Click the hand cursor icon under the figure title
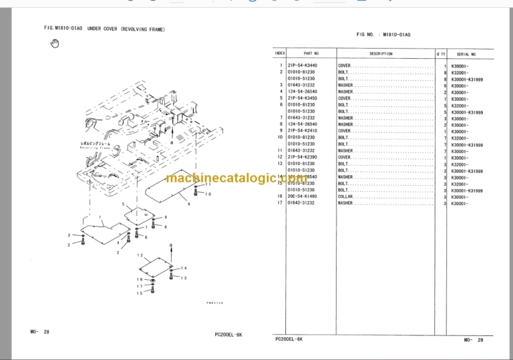coord(55,44)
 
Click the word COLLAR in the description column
coord(345,197)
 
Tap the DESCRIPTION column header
coord(379,53)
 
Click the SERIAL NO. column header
coord(466,53)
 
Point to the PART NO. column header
coord(312,53)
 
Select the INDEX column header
coord(280,53)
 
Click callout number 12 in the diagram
coord(140,256)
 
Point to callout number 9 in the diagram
coord(189,202)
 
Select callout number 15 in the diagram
coord(140,293)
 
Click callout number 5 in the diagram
coord(122,204)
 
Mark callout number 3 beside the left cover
coord(69,235)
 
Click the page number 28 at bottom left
coord(47,332)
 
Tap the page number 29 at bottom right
coord(480,340)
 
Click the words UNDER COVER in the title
coord(103,29)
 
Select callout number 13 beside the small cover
coord(184,278)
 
